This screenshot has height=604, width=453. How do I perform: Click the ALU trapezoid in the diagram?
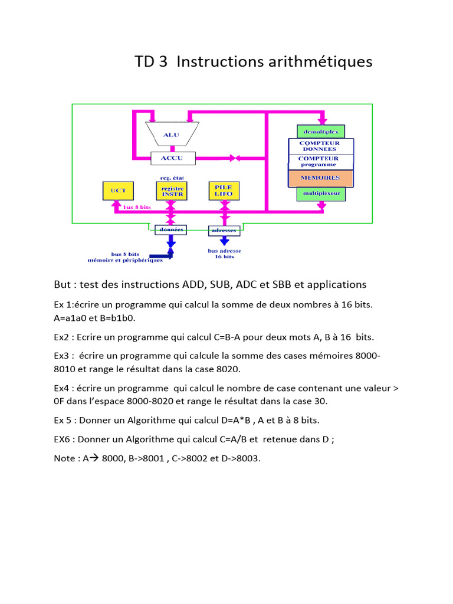tap(172, 134)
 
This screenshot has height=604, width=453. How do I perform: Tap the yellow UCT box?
tap(118, 190)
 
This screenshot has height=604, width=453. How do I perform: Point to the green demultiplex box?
tap(321, 131)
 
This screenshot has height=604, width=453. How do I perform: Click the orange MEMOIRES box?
tap(321, 178)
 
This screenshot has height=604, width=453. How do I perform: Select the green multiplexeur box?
tap(321, 193)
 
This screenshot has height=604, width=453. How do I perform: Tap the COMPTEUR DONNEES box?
tap(321, 146)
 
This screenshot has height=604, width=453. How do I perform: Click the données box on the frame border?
tap(171, 229)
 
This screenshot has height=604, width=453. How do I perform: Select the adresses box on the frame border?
tap(224, 229)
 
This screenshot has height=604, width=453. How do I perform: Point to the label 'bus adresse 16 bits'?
tap(224, 254)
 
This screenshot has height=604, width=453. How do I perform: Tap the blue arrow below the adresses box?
tap(224, 241)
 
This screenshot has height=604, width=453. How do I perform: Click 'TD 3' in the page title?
tap(151, 62)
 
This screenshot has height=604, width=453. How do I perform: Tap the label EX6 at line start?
tap(64, 439)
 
